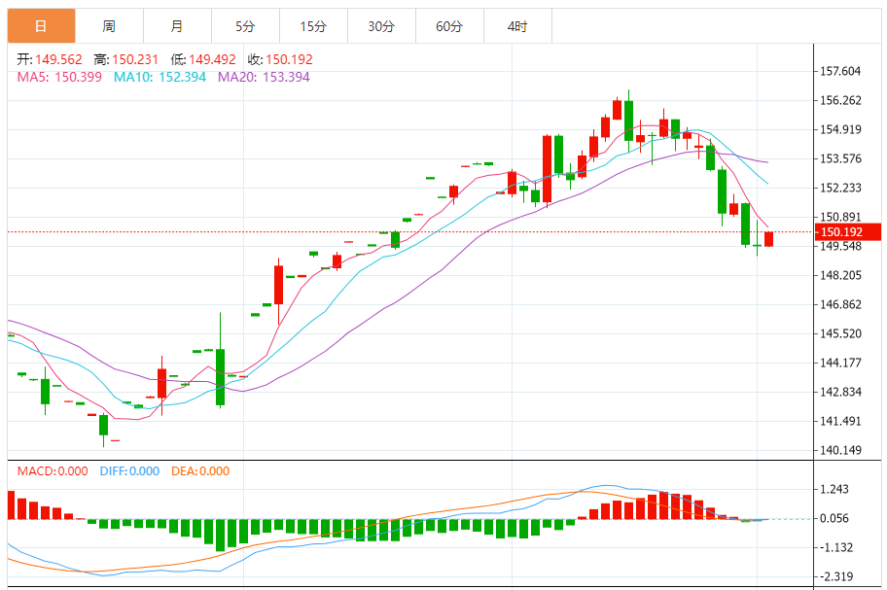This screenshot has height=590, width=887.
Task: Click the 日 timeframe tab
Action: [x=41, y=26]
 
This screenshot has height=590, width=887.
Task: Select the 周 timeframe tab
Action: [x=109, y=26]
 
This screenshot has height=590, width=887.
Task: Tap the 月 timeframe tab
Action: [x=176, y=26]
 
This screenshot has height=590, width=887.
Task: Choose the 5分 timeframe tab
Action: [x=245, y=26]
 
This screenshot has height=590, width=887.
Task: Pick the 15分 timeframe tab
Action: [x=313, y=26]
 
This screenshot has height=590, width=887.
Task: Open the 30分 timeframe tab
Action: [x=381, y=26]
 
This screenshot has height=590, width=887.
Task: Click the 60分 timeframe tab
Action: [x=449, y=26]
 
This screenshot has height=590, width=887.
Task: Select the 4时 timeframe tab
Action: [x=517, y=26]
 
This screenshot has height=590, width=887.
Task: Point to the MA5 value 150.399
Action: [x=78, y=77]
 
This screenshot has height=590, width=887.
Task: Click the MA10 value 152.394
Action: [x=174, y=77]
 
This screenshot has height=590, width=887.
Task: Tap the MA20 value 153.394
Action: [x=278, y=77]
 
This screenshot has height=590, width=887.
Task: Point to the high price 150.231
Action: [x=137, y=59]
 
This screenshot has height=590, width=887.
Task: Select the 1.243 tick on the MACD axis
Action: [x=836, y=489]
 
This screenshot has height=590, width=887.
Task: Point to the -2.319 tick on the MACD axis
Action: [x=836, y=576]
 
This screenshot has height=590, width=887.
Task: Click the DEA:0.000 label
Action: [x=200, y=471]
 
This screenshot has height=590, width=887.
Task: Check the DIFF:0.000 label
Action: [x=129, y=471]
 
